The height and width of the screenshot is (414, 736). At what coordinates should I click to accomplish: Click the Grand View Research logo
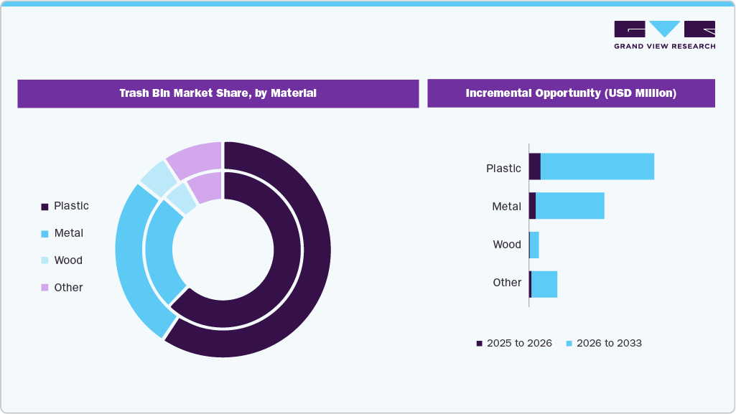tap(664, 34)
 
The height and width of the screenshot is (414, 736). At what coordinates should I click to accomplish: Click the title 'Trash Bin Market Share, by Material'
tap(218, 93)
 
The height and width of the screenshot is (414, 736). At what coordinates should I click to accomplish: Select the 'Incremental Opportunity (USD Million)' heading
tap(571, 93)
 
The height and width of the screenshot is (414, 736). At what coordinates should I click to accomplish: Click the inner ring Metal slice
tap(159, 251)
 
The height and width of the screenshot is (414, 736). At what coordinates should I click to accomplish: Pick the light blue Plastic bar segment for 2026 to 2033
tap(597, 166)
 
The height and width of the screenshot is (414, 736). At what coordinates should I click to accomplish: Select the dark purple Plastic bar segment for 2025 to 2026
tap(534, 166)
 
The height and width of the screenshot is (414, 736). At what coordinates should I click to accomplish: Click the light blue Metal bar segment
tap(569, 206)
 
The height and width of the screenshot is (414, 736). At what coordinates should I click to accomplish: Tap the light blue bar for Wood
tap(534, 245)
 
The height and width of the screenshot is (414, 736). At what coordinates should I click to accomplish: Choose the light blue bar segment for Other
tap(544, 284)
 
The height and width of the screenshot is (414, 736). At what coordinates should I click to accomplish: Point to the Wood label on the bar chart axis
tap(507, 245)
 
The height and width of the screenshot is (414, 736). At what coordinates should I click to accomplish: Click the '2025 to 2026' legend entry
tap(514, 344)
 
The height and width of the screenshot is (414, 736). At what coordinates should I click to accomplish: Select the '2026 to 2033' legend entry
tap(604, 344)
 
